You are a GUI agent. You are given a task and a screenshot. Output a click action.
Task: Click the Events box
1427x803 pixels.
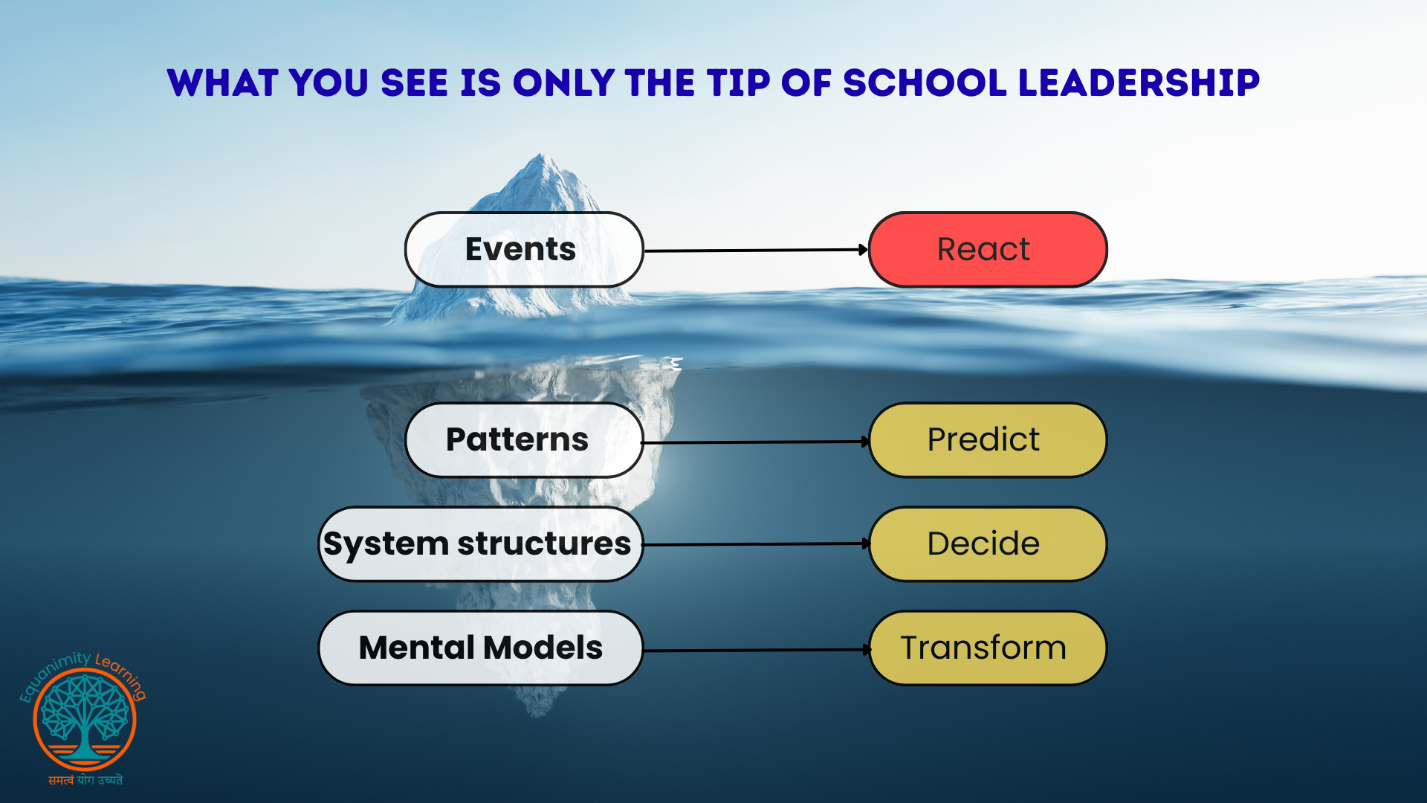click(x=524, y=250)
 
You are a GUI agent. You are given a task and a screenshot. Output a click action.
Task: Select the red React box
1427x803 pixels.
click(x=988, y=250)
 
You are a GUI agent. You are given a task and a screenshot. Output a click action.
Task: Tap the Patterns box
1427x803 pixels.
click(x=524, y=440)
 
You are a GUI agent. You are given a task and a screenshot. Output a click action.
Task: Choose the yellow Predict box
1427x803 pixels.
click(x=988, y=440)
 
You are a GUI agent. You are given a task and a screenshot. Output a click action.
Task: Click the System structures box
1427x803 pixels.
click(x=481, y=544)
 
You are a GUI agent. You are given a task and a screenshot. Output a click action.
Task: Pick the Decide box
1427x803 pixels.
click(x=988, y=544)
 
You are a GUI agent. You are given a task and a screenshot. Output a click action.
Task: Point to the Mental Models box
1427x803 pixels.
click(x=481, y=648)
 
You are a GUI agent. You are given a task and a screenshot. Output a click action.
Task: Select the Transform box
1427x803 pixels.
click(x=988, y=648)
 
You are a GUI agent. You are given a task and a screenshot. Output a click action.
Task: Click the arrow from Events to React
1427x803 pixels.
click(x=756, y=251)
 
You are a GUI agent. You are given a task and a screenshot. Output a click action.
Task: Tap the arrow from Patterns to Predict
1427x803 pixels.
click(x=756, y=442)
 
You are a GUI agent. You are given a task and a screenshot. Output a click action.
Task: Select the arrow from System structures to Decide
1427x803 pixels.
click(x=756, y=544)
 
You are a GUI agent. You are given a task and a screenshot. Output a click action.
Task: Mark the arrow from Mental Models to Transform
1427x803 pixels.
click(x=756, y=651)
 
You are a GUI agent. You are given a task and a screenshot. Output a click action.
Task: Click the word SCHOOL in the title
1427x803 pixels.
click(x=925, y=83)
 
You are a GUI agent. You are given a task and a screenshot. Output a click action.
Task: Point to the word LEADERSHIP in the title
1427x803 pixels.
click(x=1139, y=83)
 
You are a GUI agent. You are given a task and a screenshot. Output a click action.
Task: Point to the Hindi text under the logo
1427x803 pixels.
click(x=85, y=780)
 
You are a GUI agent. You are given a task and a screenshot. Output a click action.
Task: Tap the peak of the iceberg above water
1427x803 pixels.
click(x=541, y=155)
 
